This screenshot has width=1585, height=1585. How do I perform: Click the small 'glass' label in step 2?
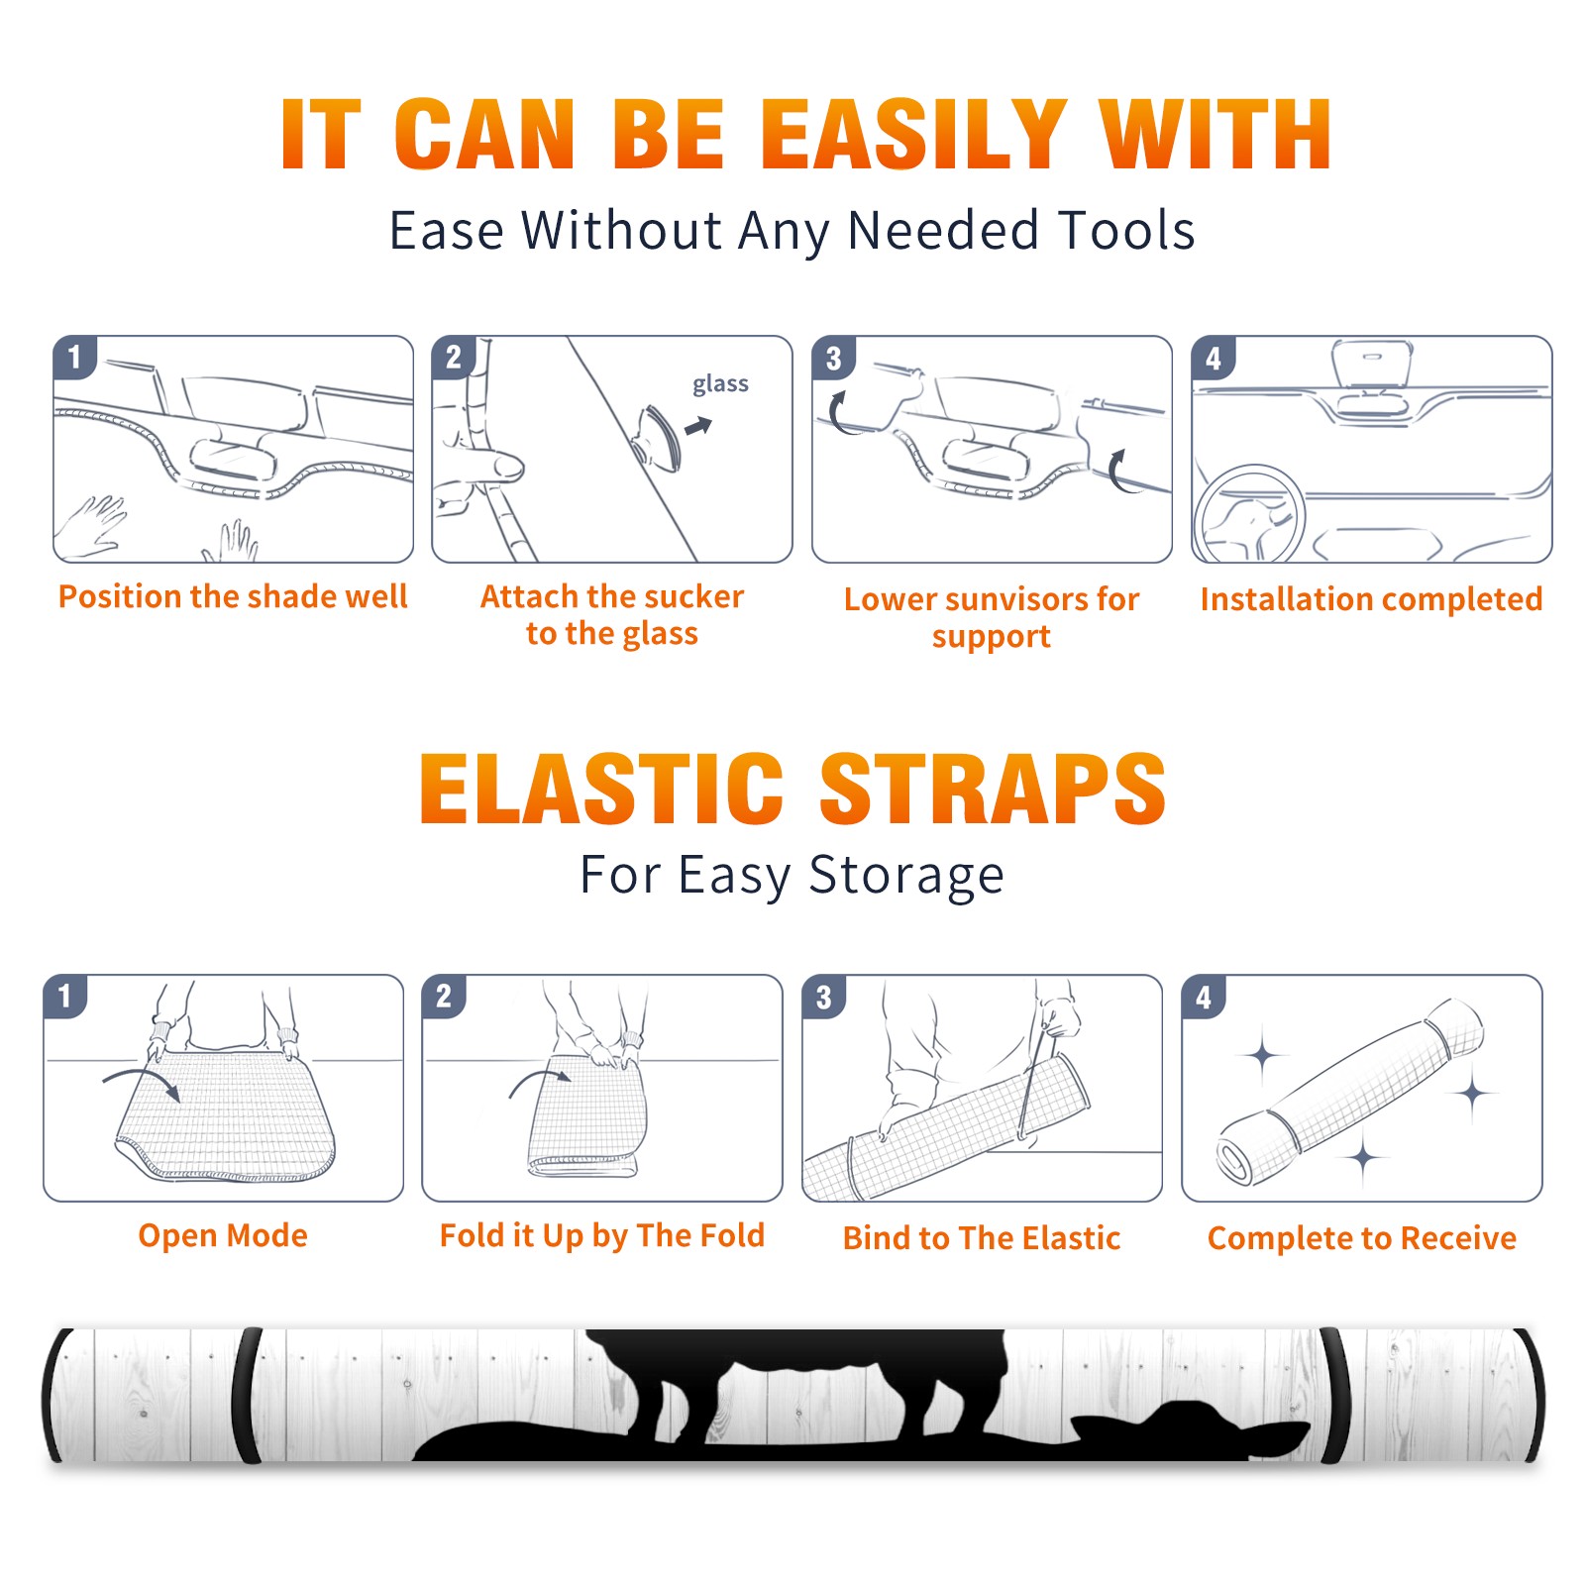click(720, 384)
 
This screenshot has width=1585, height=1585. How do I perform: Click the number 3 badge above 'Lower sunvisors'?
click(833, 358)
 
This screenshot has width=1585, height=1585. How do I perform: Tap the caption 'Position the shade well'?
click(233, 596)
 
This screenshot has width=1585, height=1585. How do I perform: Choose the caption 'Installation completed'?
click(1371, 598)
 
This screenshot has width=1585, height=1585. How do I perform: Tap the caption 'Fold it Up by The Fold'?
click(602, 1235)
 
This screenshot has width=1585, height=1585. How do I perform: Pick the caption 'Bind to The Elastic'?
click(982, 1238)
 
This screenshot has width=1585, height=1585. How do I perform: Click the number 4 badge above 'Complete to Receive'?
click(1204, 997)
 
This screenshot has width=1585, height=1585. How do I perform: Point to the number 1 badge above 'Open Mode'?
click(65, 996)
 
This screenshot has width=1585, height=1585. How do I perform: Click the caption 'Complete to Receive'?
click(1362, 1238)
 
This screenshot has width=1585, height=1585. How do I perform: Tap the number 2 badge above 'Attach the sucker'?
click(454, 357)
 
